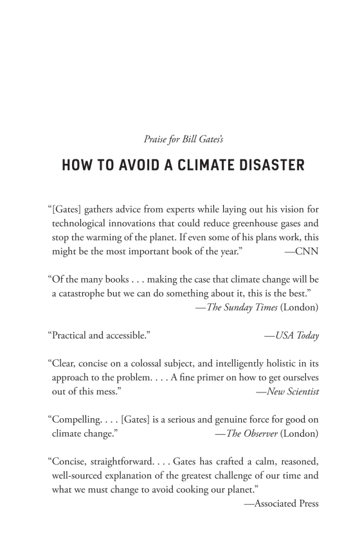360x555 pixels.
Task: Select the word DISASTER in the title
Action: tap(269, 165)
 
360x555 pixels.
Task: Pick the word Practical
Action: tap(71, 335)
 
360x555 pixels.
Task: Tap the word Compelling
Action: tap(78, 419)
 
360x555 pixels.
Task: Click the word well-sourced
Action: tap(80, 475)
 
